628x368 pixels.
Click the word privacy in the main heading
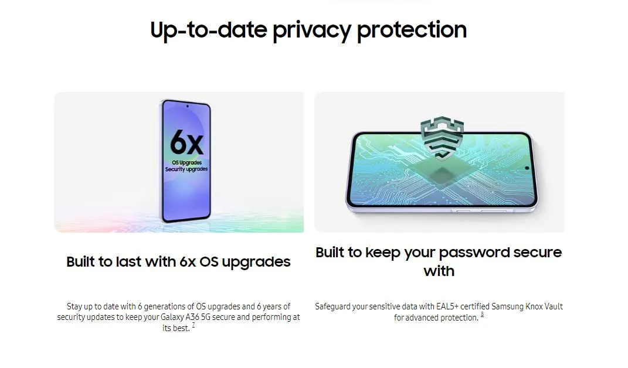[312, 30]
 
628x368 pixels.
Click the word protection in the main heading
[412, 30]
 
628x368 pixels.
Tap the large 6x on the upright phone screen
[186, 142]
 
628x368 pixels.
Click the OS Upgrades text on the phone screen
[186, 162]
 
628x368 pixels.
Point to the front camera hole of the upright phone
[187, 107]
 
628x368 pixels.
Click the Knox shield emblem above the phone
[442, 137]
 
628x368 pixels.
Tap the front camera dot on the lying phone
[527, 168]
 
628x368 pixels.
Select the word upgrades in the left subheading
[256, 263]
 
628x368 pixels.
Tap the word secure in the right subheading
[538, 253]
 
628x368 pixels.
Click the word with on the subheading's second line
[439, 271]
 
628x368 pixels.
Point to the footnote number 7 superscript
[194, 325]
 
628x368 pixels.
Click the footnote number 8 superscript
[482, 315]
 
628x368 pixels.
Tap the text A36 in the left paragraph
[192, 317]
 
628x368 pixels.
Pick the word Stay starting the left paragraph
[74, 306]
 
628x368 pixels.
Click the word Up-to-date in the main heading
[209, 30]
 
